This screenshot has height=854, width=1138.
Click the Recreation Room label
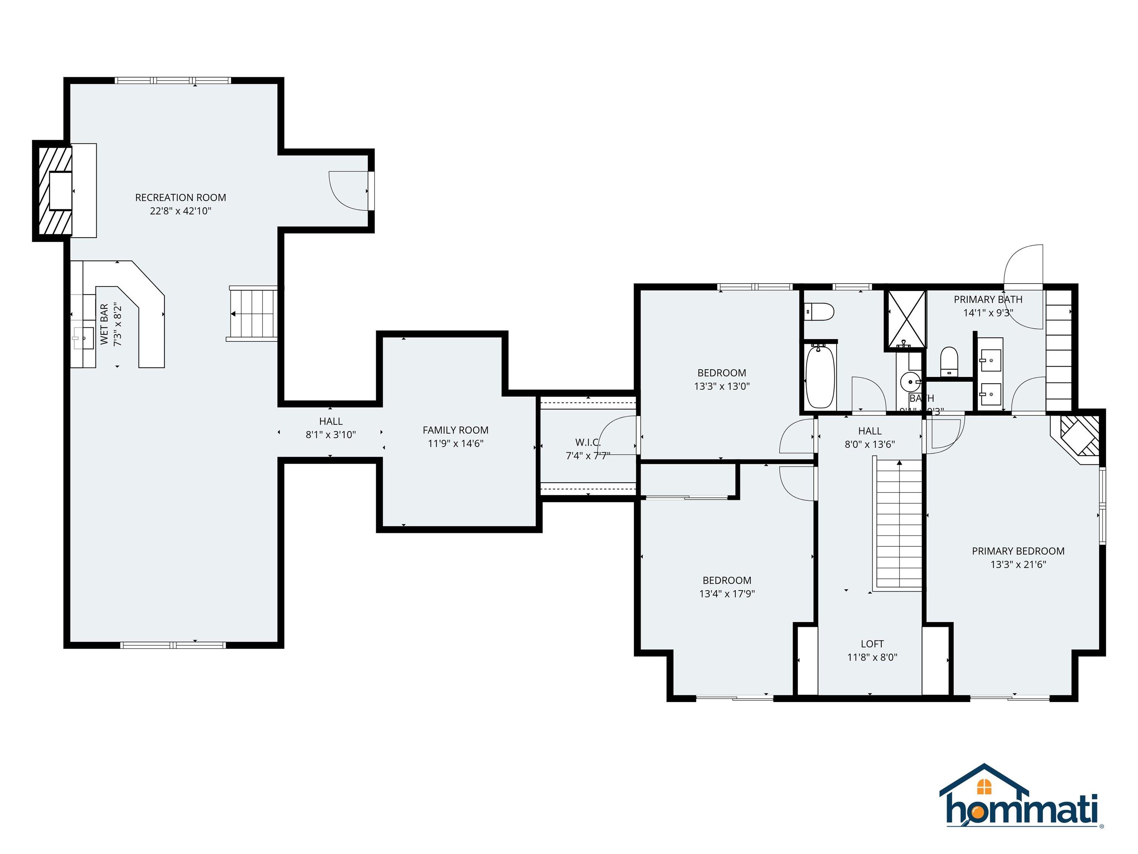pos(180,198)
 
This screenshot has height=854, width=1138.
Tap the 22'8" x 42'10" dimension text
pos(180,211)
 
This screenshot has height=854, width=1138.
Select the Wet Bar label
pos(104,324)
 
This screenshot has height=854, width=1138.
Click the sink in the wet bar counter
pos(84,338)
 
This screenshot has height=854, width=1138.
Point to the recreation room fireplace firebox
pos(60,191)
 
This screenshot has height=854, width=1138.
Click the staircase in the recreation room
pos(253,314)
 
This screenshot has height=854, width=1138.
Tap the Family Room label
pos(455,430)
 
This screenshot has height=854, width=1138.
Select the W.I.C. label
pos(588,443)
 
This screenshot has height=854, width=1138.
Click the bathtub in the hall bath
pos(819,377)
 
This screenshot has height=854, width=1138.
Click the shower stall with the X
pos(905,320)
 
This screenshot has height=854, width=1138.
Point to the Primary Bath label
pos(988,299)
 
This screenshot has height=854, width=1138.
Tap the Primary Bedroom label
pos(1018,551)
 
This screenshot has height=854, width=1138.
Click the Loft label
pos(872,644)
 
